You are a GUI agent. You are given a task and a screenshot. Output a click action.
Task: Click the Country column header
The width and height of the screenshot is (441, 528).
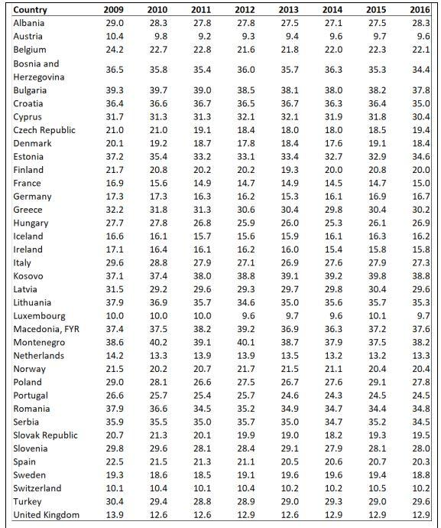pyautogui.click(x=30, y=10)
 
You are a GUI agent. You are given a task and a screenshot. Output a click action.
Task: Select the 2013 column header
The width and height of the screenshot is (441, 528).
pyautogui.click(x=288, y=10)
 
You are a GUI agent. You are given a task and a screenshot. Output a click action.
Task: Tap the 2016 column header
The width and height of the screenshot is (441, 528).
pyautogui.click(x=420, y=10)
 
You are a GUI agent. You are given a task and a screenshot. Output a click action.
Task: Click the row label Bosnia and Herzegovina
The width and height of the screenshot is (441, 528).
pyautogui.click(x=39, y=70)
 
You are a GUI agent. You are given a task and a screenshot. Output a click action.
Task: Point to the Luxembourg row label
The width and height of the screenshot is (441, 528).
pyautogui.click(x=39, y=316)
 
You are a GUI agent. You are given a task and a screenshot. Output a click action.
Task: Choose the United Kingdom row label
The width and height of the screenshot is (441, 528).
pyautogui.click(x=47, y=515)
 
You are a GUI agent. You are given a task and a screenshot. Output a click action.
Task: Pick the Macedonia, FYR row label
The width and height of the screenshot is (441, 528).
pyautogui.click(x=47, y=329)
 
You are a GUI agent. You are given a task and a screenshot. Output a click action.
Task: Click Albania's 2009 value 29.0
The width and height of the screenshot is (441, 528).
pyautogui.click(x=115, y=23)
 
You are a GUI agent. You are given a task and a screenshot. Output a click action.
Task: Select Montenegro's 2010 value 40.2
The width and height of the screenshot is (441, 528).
pyautogui.click(x=158, y=343)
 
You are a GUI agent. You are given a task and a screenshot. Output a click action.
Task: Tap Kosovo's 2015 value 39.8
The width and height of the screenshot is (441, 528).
pyautogui.click(x=377, y=276)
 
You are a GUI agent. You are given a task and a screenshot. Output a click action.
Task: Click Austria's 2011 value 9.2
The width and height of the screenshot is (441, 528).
pyautogui.click(x=205, y=37)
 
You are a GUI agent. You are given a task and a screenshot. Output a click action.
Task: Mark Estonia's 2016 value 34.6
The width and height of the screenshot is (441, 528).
pyautogui.click(x=421, y=157)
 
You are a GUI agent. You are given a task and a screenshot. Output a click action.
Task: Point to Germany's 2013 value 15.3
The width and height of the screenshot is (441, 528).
pyautogui.click(x=290, y=197)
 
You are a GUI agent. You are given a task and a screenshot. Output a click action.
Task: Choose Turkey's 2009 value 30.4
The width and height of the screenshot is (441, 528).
pyautogui.click(x=115, y=501)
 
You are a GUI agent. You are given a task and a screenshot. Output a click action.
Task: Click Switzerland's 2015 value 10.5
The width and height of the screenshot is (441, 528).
pyautogui.click(x=377, y=488)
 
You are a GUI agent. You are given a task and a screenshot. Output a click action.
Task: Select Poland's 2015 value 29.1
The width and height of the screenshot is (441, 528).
pyautogui.click(x=377, y=382)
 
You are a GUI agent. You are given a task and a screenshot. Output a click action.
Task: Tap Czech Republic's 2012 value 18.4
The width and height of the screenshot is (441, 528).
pyautogui.click(x=246, y=130)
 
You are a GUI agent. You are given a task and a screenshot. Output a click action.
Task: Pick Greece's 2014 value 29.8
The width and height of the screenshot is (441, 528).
pyautogui.click(x=333, y=210)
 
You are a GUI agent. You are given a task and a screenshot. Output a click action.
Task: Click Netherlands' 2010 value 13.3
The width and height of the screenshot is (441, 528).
pyautogui.click(x=158, y=356)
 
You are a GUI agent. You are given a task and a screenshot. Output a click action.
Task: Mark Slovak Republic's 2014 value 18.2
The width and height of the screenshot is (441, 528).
pyautogui.click(x=333, y=435)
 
